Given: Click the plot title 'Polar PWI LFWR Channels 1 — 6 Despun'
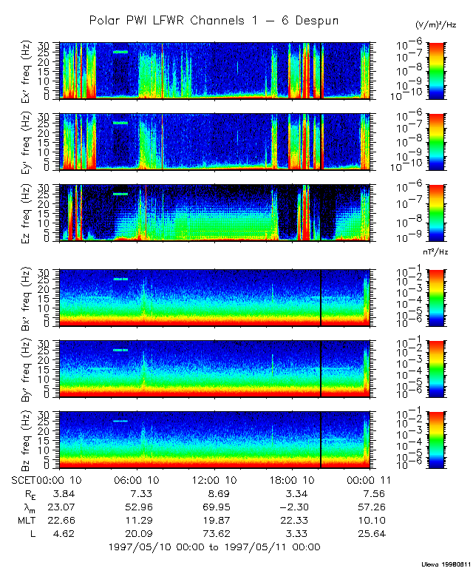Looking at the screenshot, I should (x=214, y=21).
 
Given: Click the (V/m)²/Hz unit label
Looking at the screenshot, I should (x=436, y=25).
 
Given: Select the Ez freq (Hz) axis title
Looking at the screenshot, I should (x=47, y=213).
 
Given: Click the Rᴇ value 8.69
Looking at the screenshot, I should (x=215, y=493).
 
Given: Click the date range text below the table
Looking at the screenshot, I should (x=214, y=547).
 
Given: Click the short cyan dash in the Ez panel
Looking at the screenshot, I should (x=120, y=194).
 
